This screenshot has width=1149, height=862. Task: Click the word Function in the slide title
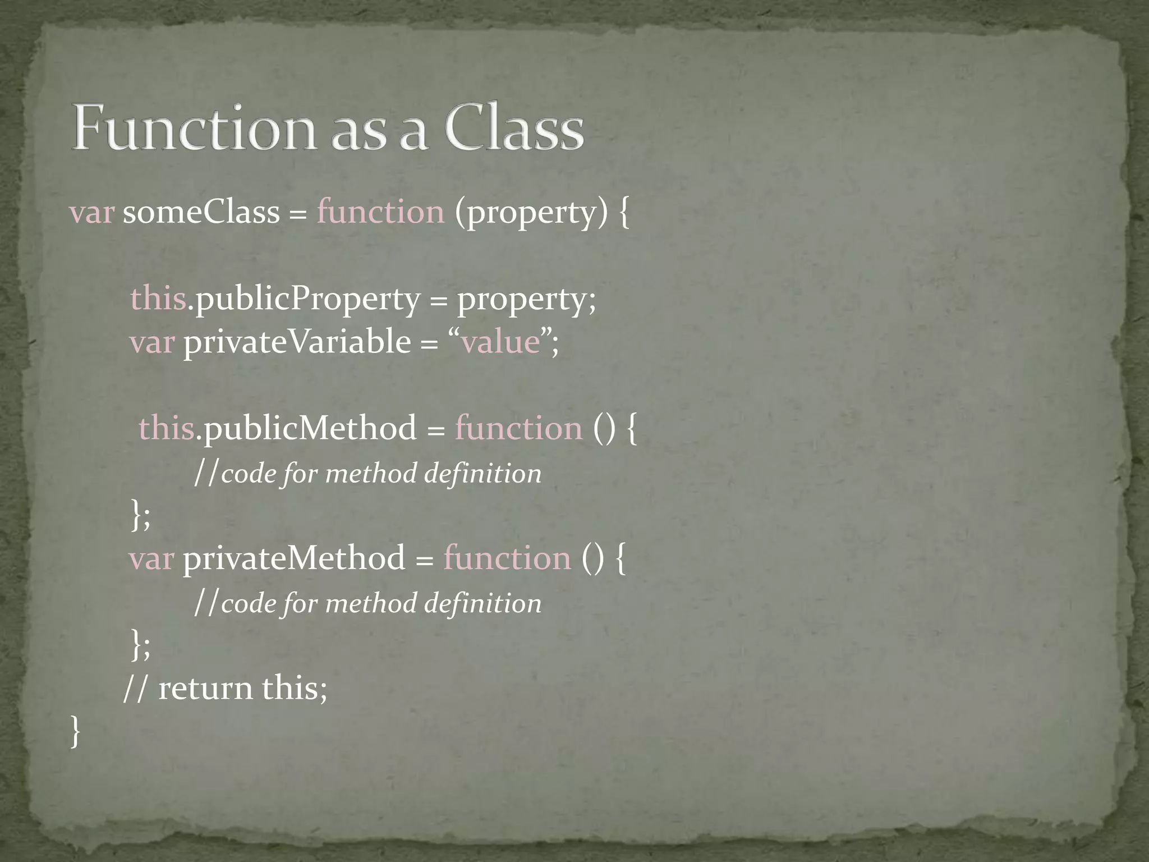(x=194, y=128)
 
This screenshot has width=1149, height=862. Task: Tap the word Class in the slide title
(x=514, y=128)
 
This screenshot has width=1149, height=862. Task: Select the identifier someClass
(x=201, y=213)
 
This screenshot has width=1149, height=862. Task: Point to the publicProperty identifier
(x=307, y=299)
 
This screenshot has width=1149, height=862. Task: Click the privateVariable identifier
(x=297, y=342)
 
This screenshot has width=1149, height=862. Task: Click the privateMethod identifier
(x=293, y=558)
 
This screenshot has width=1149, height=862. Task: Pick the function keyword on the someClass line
(x=380, y=213)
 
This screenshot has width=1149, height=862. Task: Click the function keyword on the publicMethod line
(x=518, y=428)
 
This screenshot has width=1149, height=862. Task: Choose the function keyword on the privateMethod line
(x=507, y=558)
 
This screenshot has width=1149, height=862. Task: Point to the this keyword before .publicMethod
(x=166, y=428)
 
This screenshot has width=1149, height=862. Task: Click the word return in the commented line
(x=205, y=688)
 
